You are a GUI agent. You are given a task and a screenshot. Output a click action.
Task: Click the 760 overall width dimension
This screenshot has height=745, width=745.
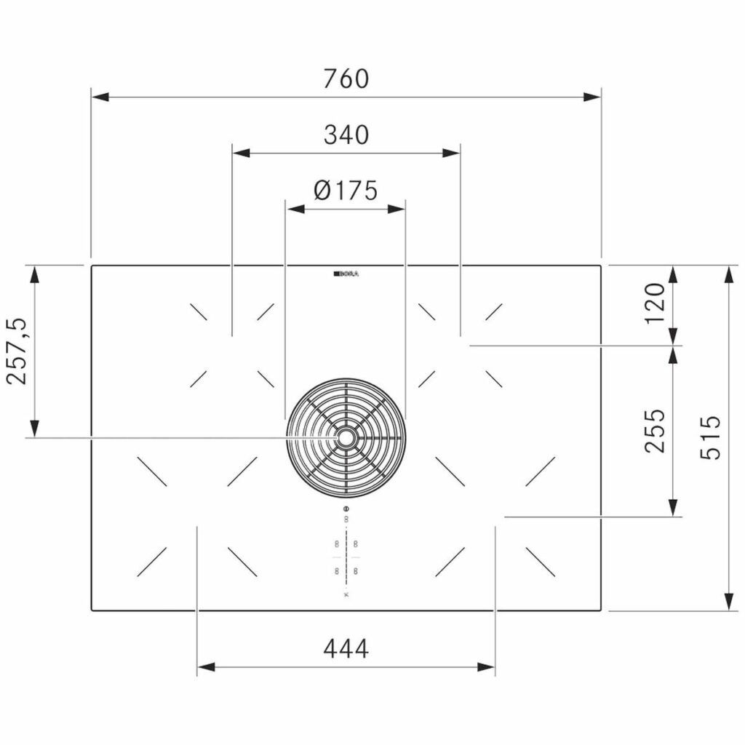coord(346,79)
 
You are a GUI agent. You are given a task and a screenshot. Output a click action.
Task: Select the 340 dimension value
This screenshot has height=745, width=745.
coord(346,135)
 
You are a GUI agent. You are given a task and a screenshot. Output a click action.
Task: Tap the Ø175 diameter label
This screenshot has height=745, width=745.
coord(346,191)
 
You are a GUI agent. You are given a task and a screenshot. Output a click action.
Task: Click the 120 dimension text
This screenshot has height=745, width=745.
coord(655,303)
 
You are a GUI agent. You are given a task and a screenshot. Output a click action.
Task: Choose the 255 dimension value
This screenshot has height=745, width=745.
coord(655,430)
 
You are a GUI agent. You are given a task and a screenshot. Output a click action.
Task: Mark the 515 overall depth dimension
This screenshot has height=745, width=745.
coord(709,437)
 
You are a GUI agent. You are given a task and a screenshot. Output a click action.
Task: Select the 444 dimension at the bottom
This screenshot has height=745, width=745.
coord(346,648)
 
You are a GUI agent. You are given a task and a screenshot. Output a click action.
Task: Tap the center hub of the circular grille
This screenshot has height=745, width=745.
coord(346,437)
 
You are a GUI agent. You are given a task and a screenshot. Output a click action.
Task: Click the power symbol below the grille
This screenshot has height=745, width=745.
coord(346,508)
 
